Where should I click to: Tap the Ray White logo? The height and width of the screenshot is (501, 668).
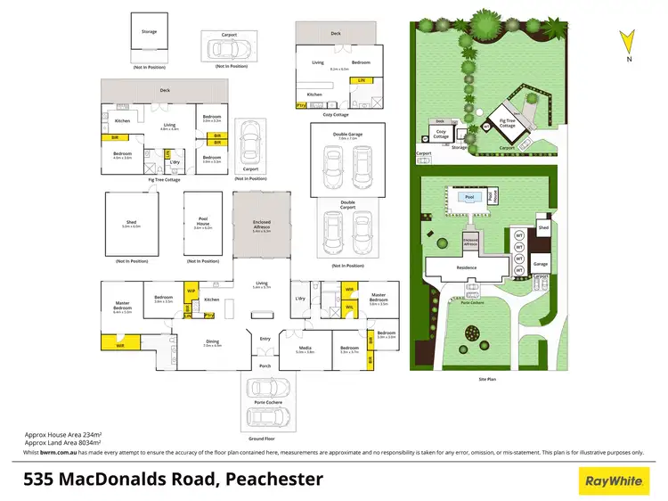[613, 481]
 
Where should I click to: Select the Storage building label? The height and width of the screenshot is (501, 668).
[149, 32]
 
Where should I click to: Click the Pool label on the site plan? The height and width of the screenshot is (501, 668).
[469, 197]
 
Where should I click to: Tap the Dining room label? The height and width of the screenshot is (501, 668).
[212, 342]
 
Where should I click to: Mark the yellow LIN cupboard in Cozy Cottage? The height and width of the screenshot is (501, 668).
[361, 81]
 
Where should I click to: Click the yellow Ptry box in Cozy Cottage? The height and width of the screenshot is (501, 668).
[300, 105]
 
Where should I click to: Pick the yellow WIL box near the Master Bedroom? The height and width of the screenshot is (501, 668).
[348, 308]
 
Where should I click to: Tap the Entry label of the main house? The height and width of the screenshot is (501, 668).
[265, 339]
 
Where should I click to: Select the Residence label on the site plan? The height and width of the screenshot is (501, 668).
[466, 267]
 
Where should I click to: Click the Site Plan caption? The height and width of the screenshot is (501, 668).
[488, 379]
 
